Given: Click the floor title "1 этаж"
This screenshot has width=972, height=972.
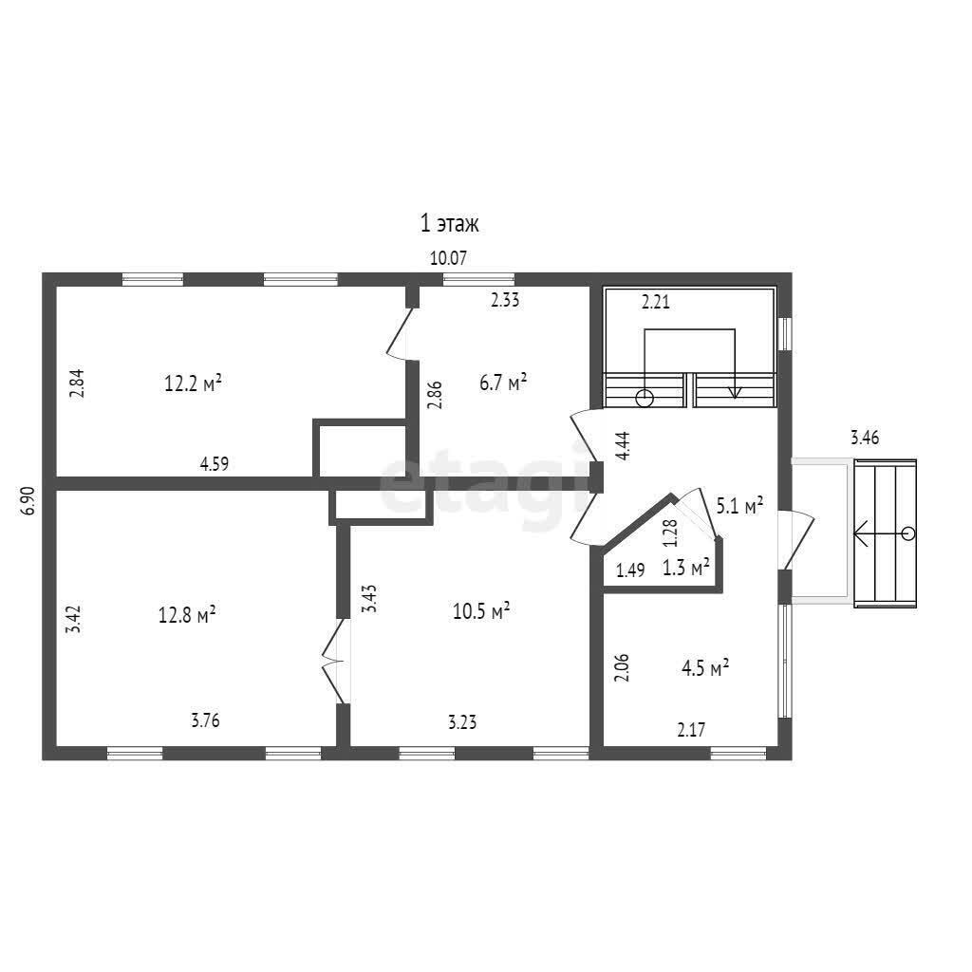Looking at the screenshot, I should point(450,224).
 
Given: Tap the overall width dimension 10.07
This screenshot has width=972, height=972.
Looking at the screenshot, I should point(450,257).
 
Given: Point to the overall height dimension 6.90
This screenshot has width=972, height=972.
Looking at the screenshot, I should point(28,500).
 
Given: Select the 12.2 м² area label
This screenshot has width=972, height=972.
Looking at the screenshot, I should point(193,383).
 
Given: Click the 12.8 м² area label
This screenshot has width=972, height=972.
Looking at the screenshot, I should point(187,614).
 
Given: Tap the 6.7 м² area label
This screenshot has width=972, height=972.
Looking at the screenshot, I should point(503,383).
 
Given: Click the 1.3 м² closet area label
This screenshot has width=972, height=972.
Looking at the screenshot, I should point(686,569).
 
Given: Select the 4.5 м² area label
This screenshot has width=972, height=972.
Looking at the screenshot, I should point(704,667).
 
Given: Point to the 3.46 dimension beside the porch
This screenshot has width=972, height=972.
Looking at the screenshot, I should point(865,439).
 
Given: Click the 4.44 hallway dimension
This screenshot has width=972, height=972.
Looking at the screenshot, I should point(623,445).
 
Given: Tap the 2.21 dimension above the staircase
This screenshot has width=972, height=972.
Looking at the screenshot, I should point(656,304).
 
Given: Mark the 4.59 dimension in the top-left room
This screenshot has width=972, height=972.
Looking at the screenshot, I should point(214,464).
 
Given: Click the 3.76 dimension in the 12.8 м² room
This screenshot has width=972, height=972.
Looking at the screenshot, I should point(206,720).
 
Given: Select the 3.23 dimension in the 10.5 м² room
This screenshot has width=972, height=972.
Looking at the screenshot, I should point(462,721).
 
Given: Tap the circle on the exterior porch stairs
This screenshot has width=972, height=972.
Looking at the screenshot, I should point(908,533).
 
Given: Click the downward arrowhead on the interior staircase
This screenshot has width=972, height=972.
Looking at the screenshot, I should point(734,393).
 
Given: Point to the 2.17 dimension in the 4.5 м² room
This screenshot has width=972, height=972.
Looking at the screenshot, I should point(692,730).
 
